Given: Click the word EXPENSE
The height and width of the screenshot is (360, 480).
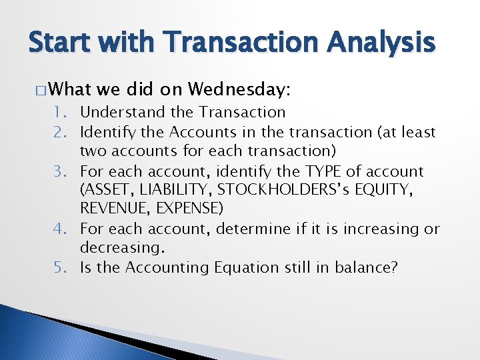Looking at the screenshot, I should [189, 209].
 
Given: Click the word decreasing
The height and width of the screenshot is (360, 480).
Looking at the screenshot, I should [121, 248].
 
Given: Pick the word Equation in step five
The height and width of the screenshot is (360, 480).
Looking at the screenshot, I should [242, 267].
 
